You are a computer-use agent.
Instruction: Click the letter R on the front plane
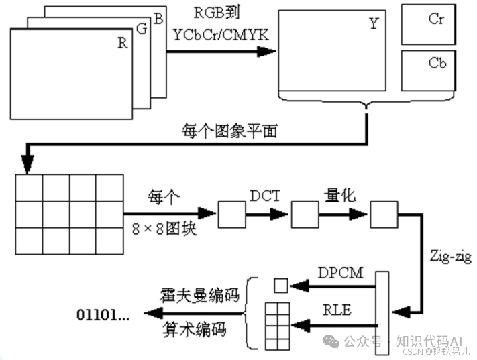click(x=122, y=44)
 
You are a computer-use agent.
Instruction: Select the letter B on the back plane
click(x=158, y=19)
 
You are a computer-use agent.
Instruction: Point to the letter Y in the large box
click(x=374, y=25)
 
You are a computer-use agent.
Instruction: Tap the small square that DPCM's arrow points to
click(x=280, y=286)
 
